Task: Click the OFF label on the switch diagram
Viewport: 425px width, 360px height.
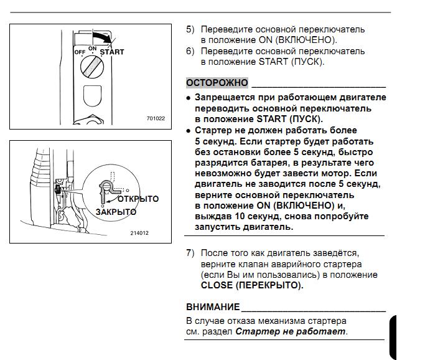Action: click(x=80, y=52)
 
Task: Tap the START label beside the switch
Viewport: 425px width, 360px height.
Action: click(x=112, y=52)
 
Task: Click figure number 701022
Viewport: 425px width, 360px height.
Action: click(x=156, y=118)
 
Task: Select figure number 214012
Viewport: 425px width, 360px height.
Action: click(x=139, y=233)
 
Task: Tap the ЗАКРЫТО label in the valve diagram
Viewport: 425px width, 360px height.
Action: click(x=116, y=212)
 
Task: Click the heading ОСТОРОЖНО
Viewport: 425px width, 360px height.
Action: click(x=217, y=83)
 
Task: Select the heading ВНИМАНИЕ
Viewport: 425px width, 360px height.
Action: click(x=213, y=307)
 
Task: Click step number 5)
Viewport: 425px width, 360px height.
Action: click(x=190, y=29)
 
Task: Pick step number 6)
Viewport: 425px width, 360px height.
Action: click(x=190, y=52)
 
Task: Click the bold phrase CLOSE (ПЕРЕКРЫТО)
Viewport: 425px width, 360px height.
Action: click(x=251, y=285)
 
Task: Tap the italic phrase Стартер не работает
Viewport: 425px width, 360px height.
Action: click(x=291, y=331)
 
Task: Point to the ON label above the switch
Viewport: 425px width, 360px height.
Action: click(x=92, y=48)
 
